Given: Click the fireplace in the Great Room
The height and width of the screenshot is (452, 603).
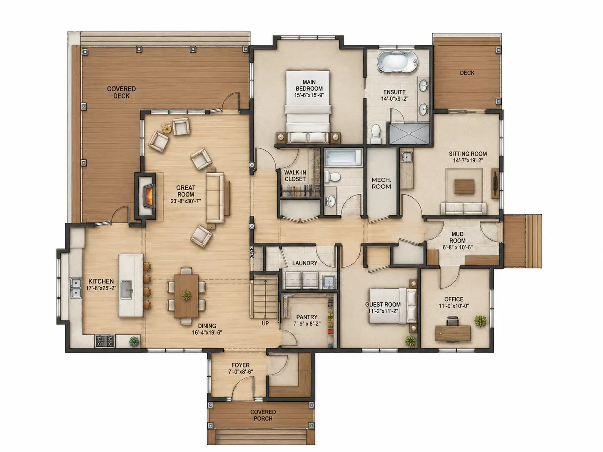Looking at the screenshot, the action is (x=146, y=196).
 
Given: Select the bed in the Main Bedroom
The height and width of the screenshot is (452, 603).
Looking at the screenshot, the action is (x=308, y=107).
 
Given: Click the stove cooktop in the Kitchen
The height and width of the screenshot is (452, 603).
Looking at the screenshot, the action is (x=105, y=341).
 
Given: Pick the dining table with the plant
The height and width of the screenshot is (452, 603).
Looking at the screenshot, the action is (x=186, y=296).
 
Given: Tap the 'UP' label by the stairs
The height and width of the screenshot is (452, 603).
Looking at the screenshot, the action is (x=265, y=323).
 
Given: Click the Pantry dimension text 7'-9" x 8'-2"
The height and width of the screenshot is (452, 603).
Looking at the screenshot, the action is (x=306, y=324).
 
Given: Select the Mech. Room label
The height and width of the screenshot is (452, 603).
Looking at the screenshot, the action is (x=381, y=183).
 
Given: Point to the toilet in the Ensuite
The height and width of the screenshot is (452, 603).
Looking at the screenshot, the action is (x=376, y=134).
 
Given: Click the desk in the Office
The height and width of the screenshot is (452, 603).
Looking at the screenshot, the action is (x=452, y=333).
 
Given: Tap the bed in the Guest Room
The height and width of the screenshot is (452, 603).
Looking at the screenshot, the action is (x=392, y=306).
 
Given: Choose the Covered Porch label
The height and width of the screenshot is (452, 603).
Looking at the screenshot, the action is (x=263, y=415).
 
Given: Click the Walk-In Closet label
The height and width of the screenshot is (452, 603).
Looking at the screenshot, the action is (x=295, y=176).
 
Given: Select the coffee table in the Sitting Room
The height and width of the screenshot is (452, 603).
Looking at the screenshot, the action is (x=464, y=186).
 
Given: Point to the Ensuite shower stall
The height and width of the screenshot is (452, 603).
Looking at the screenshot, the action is (x=409, y=134).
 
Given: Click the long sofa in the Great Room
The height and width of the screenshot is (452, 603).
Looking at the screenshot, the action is (x=215, y=198).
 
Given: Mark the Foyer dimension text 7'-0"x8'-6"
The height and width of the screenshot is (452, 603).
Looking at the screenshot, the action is (x=241, y=372).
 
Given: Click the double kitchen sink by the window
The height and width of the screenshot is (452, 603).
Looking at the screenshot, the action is (x=75, y=288).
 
